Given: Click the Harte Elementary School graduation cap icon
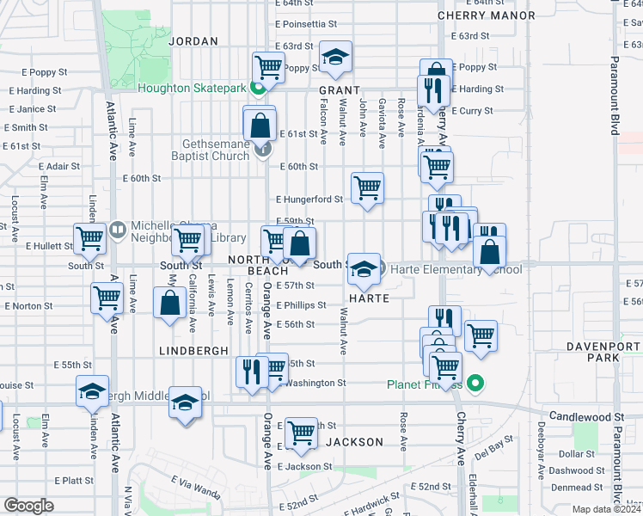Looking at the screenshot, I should (364, 269).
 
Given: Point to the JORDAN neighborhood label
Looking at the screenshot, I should (193, 40).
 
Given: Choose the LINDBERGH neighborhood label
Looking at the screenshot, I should (193, 351).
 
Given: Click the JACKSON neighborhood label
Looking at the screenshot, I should (354, 442).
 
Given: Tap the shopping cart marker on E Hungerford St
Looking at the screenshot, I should (367, 187).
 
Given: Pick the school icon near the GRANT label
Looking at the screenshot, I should (335, 58).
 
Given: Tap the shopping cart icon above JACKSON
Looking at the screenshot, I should (301, 433).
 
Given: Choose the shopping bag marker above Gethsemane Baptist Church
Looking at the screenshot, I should (259, 126).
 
